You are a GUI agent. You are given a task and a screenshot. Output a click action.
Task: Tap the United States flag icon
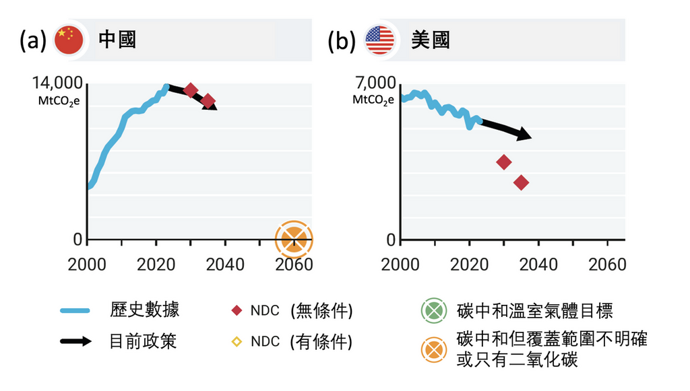(380, 40)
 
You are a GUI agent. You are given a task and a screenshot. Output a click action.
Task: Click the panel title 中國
(117, 40)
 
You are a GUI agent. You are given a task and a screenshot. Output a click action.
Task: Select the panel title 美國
(430, 40)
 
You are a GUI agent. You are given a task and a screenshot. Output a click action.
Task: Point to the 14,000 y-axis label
(58, 83)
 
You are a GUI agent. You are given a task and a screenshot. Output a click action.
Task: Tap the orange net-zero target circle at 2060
(294, 239)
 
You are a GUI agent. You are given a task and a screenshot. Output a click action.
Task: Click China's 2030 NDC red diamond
(191, 90)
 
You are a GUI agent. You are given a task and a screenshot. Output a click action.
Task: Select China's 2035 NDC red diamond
(208, 101)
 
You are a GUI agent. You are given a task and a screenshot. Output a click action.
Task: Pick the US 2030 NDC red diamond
(503, 162)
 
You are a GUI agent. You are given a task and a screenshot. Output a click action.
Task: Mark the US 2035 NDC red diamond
(521, 182)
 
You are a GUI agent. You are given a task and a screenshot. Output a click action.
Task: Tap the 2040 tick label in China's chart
(225, 264)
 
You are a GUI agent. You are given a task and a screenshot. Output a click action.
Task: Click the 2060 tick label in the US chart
(607, 264)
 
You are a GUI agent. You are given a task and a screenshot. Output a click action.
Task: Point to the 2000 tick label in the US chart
(400, 264)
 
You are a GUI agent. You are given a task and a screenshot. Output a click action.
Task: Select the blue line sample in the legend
(75, 311)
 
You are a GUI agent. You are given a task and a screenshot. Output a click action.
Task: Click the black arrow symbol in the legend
(75, 341)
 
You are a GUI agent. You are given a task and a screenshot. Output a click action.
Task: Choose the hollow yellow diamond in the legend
(236, 341)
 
